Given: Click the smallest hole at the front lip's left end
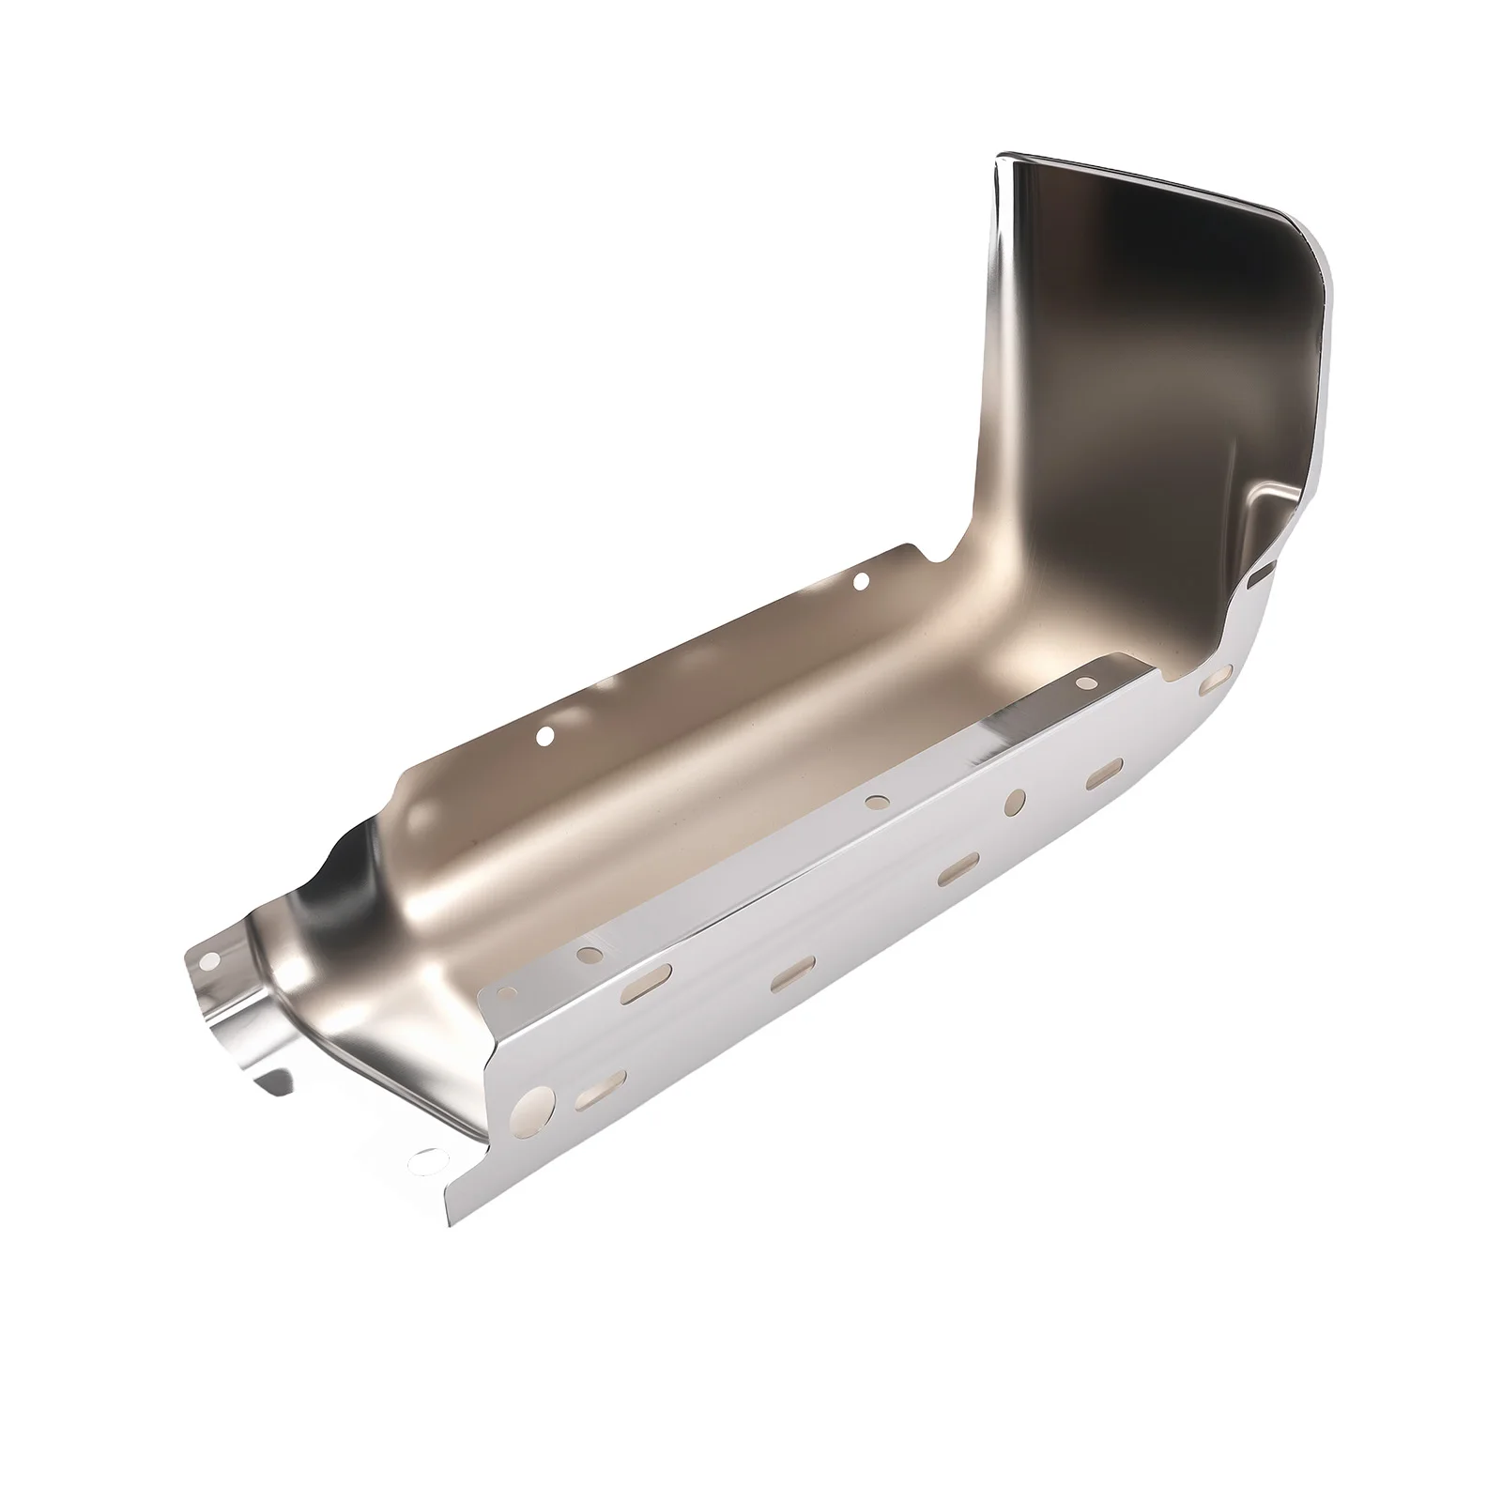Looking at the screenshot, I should click(509, 993).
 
